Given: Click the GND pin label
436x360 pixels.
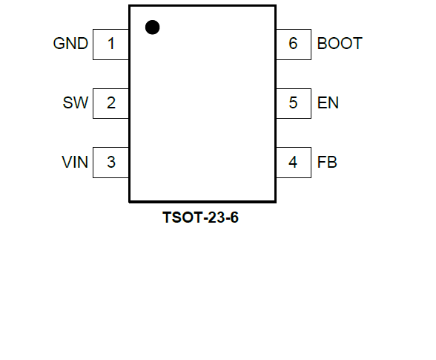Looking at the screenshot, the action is pyautogui.click(x=70, y=44).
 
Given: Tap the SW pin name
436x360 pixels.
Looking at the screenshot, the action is pyautogui.click(x=76, y=102).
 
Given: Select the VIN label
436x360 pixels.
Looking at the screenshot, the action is pyautogui.click(x=75, y=162).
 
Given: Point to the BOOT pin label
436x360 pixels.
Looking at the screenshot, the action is pyautogui.click(x=340, y=44).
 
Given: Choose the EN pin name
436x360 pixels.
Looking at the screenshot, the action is pyautogui.click(x=328, y=102).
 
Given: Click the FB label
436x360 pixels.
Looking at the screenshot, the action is pyautogui.click(x=327, y=162).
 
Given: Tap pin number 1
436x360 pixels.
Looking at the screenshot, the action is pyautogui.click(x=111, y=44).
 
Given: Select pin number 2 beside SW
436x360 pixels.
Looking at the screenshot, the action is pyautogui.click(x=111, y=102).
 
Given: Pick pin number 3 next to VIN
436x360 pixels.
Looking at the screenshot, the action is pyautogui.click(x=111, y=162).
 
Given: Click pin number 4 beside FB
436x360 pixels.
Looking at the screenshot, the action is pyautogui.click(x=293, y=162).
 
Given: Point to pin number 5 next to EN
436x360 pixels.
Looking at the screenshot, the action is pyautogui.click(x=293, y=102).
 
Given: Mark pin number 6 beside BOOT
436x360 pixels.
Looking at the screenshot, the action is pyautogui.click(x=293, y=44).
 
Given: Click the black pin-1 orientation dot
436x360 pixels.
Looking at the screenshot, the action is pyautogui.click(x=153, y=27).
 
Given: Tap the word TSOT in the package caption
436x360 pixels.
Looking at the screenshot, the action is pyautogui.click(x=183, y=217).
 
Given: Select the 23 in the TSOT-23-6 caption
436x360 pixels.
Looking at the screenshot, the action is pyautogui.click(x=217, y=217).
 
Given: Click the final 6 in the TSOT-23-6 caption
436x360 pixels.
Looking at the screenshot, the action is pyautogui.click(x=234, y=217).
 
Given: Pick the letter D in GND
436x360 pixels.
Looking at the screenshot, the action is pyautogui.click(x=83, y=44).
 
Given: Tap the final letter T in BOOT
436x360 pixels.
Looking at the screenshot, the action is pyautogui.click(x=357, y=44).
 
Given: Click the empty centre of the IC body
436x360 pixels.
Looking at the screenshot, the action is pyautogui.click(x=202, y=103).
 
